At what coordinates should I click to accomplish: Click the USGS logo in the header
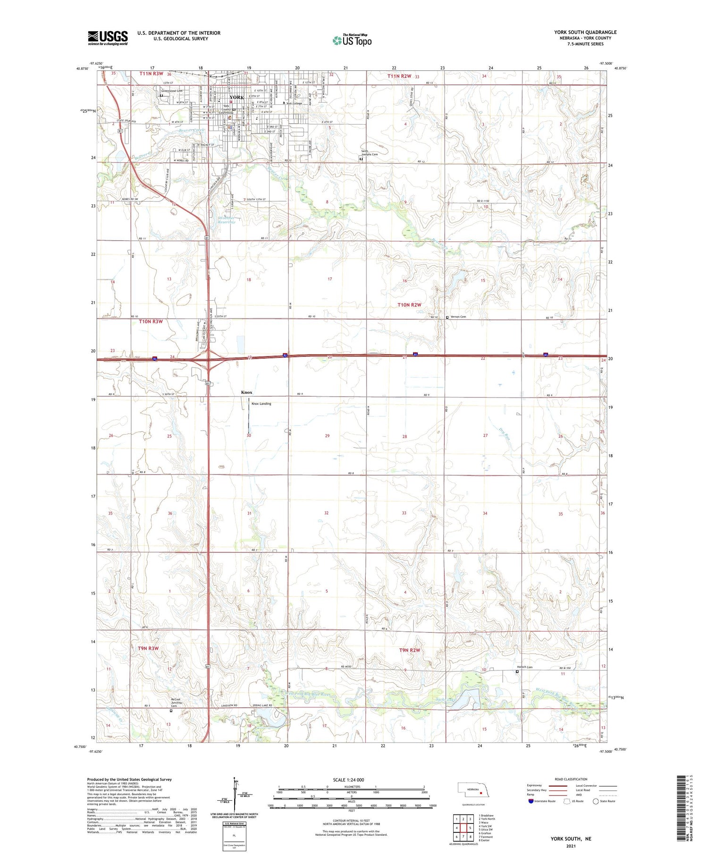click(108, 38)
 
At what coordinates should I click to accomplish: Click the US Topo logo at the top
click(352, 40)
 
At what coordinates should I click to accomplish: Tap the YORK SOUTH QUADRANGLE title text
click(585, 32)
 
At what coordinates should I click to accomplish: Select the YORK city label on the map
click(236, 97)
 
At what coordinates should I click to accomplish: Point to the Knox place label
click(246, 392)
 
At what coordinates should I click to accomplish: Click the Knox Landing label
click(261, 404)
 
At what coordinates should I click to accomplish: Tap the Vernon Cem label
click(458, 317)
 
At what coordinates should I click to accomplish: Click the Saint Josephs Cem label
click(370, 153)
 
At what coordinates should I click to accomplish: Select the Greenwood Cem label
click(171, 91)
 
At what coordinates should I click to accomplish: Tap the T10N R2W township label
click(409, 305)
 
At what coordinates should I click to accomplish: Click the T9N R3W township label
click(148, 649)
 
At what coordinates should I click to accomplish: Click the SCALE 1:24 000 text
click(348, 780)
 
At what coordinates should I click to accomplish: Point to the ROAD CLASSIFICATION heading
click(571, 779)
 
